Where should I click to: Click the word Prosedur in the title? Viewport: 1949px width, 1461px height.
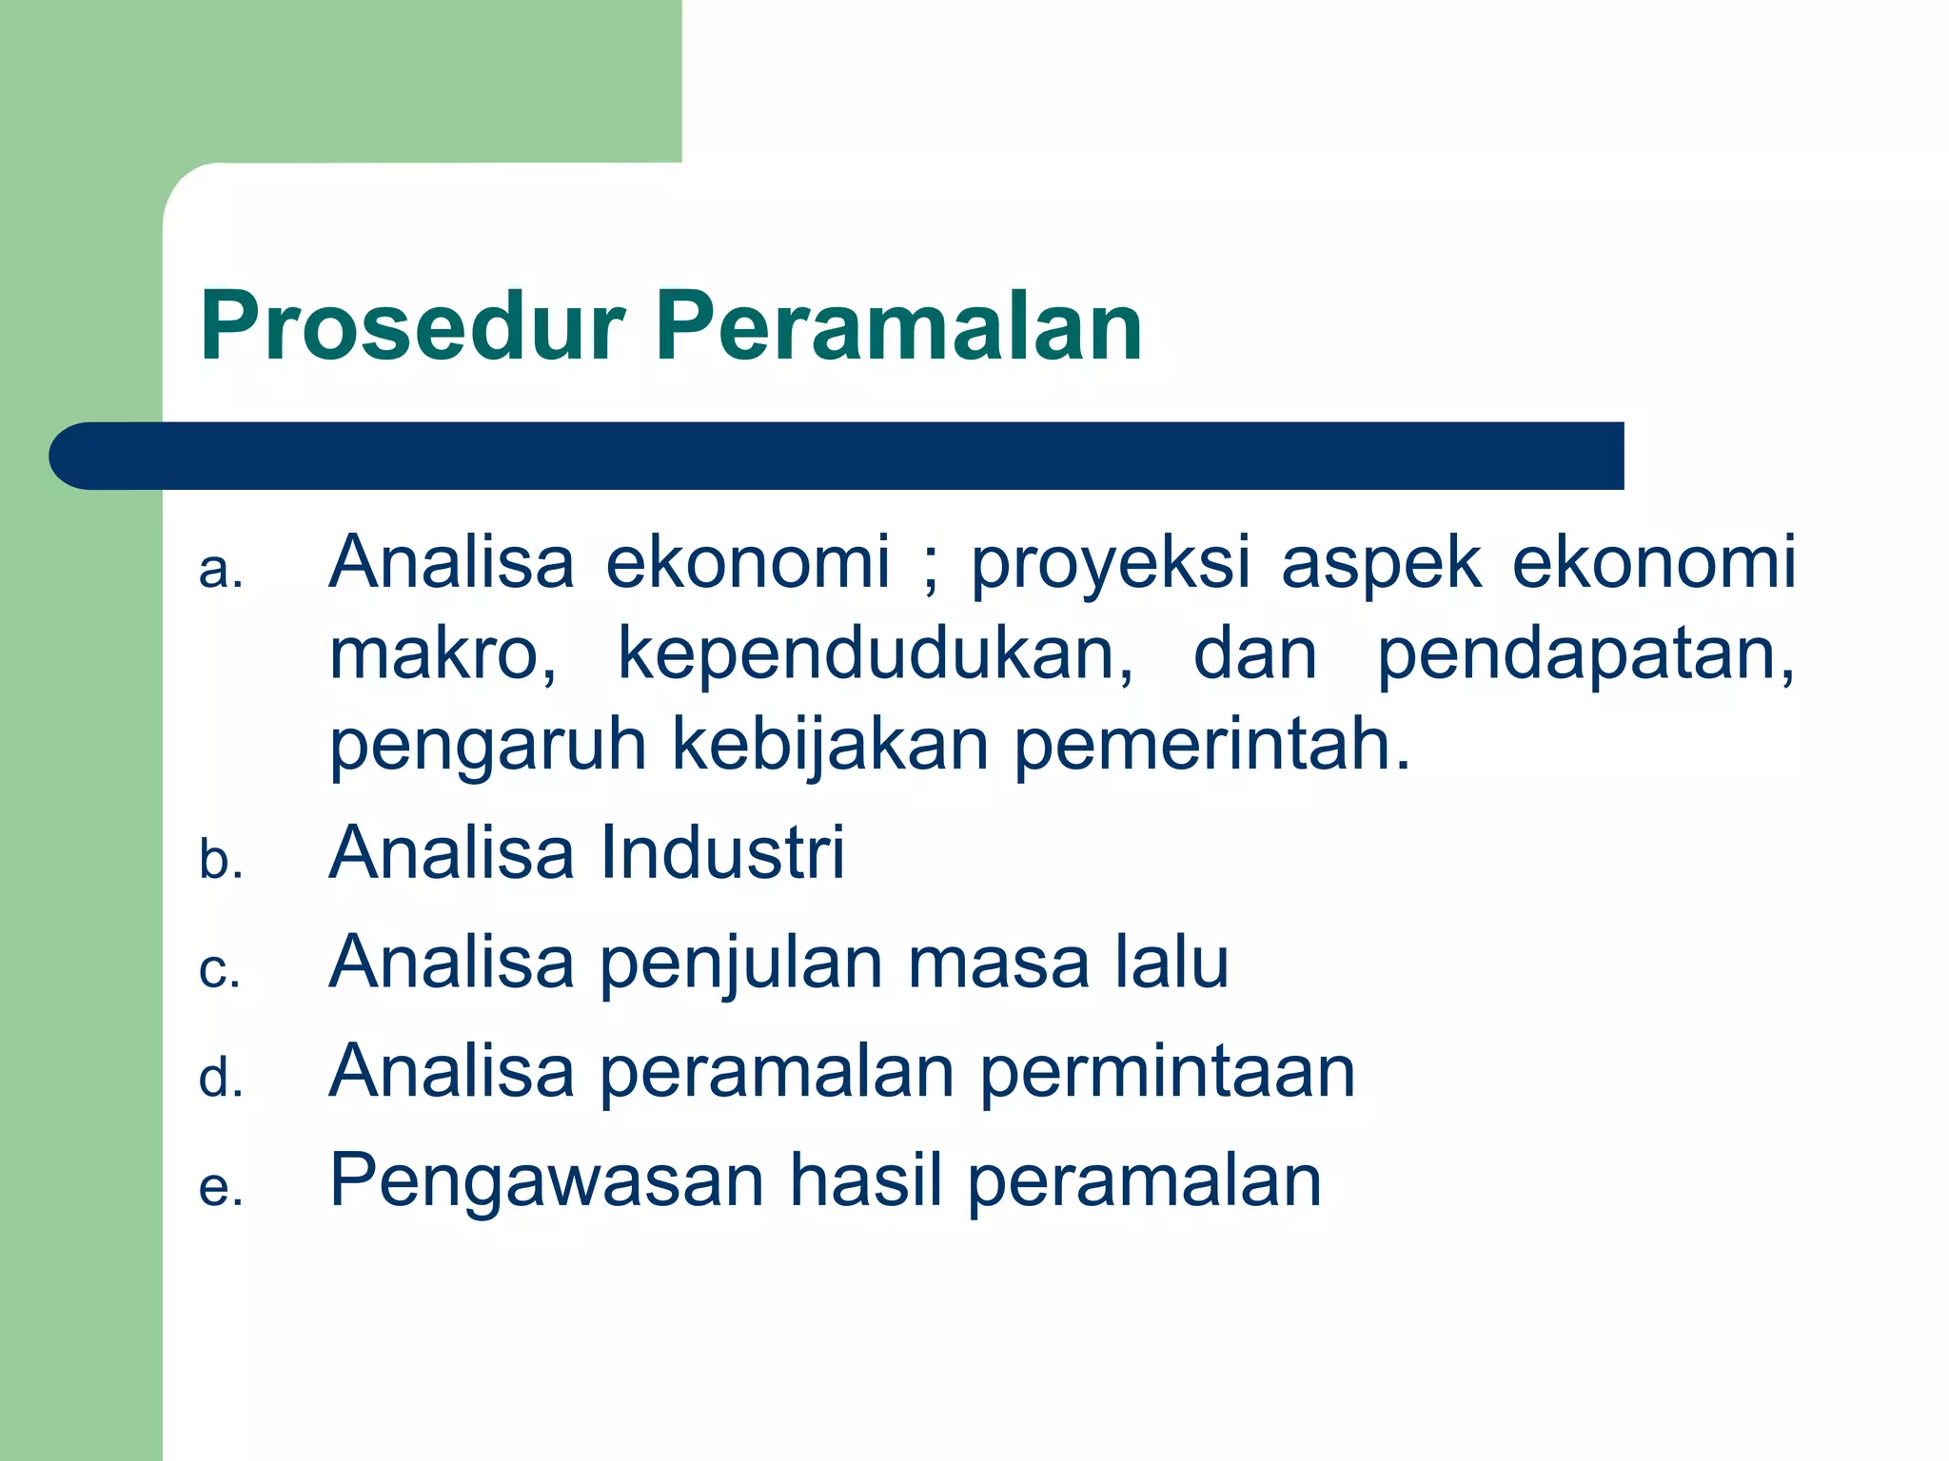pyautogui.click(x=412, y=326)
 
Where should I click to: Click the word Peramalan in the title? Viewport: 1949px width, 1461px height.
pyautogui.click(x=899, y=326)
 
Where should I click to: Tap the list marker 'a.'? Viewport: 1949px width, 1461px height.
pyautogui.click(x=221, y=571)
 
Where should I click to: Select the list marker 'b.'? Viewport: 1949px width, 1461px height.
pyautogui.click(x=221, y=860)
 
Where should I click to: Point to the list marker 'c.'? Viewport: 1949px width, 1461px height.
pyautogui.click(x=220, y=970)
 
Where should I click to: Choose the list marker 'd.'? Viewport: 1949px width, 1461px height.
pyautogui.click(x=221, y=1079)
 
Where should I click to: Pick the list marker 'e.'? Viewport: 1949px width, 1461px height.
pyautogui.click(x=221, y=1189)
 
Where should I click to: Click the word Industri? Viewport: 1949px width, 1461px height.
pyautogui.click(x=723, y=852)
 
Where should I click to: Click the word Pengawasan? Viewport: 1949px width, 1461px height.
pyautogui.click(x=547, y=1181)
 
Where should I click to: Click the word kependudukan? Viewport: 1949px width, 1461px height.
pyautogui.click(x=876, y=656)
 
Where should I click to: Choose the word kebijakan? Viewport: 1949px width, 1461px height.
pyautogui.click(x=830, y=747)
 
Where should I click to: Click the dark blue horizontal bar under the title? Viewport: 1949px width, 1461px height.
pyautogui.click(x=837, y=456)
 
